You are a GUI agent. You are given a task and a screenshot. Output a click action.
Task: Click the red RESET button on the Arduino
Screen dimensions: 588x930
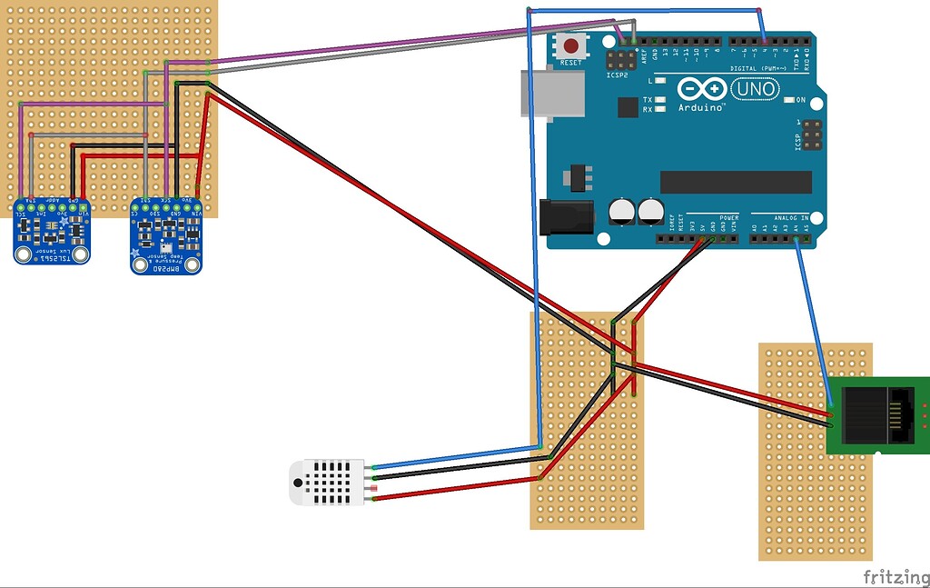pos(571,45)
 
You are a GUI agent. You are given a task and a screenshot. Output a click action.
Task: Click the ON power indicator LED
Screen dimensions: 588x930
pos(788,99)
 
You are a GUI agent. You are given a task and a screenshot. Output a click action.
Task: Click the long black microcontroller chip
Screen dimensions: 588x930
pos(736,182)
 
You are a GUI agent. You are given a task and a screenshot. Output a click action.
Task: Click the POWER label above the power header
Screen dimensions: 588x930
pos(729,218)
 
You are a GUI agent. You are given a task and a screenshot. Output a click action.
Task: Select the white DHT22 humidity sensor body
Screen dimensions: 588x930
pos(326,482)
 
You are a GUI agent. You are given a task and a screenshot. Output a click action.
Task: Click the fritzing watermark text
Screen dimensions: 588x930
pos(894,576)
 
